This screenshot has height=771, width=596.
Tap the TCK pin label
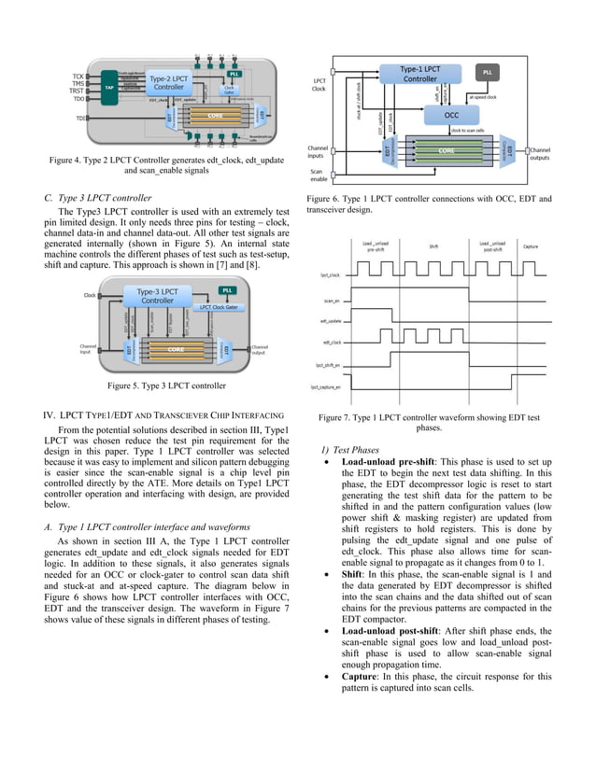coord(78,75)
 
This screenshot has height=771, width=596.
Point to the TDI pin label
coord(80,119)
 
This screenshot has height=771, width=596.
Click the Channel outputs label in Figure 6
coord(541,153)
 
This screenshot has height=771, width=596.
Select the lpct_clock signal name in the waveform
coord(329,275)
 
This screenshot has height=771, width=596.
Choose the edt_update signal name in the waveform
coord(330,322)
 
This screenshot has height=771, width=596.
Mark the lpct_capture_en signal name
coord(327,385)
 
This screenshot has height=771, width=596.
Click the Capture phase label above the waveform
coord(531,246)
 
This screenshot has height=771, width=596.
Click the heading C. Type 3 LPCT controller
coord(98,198)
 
